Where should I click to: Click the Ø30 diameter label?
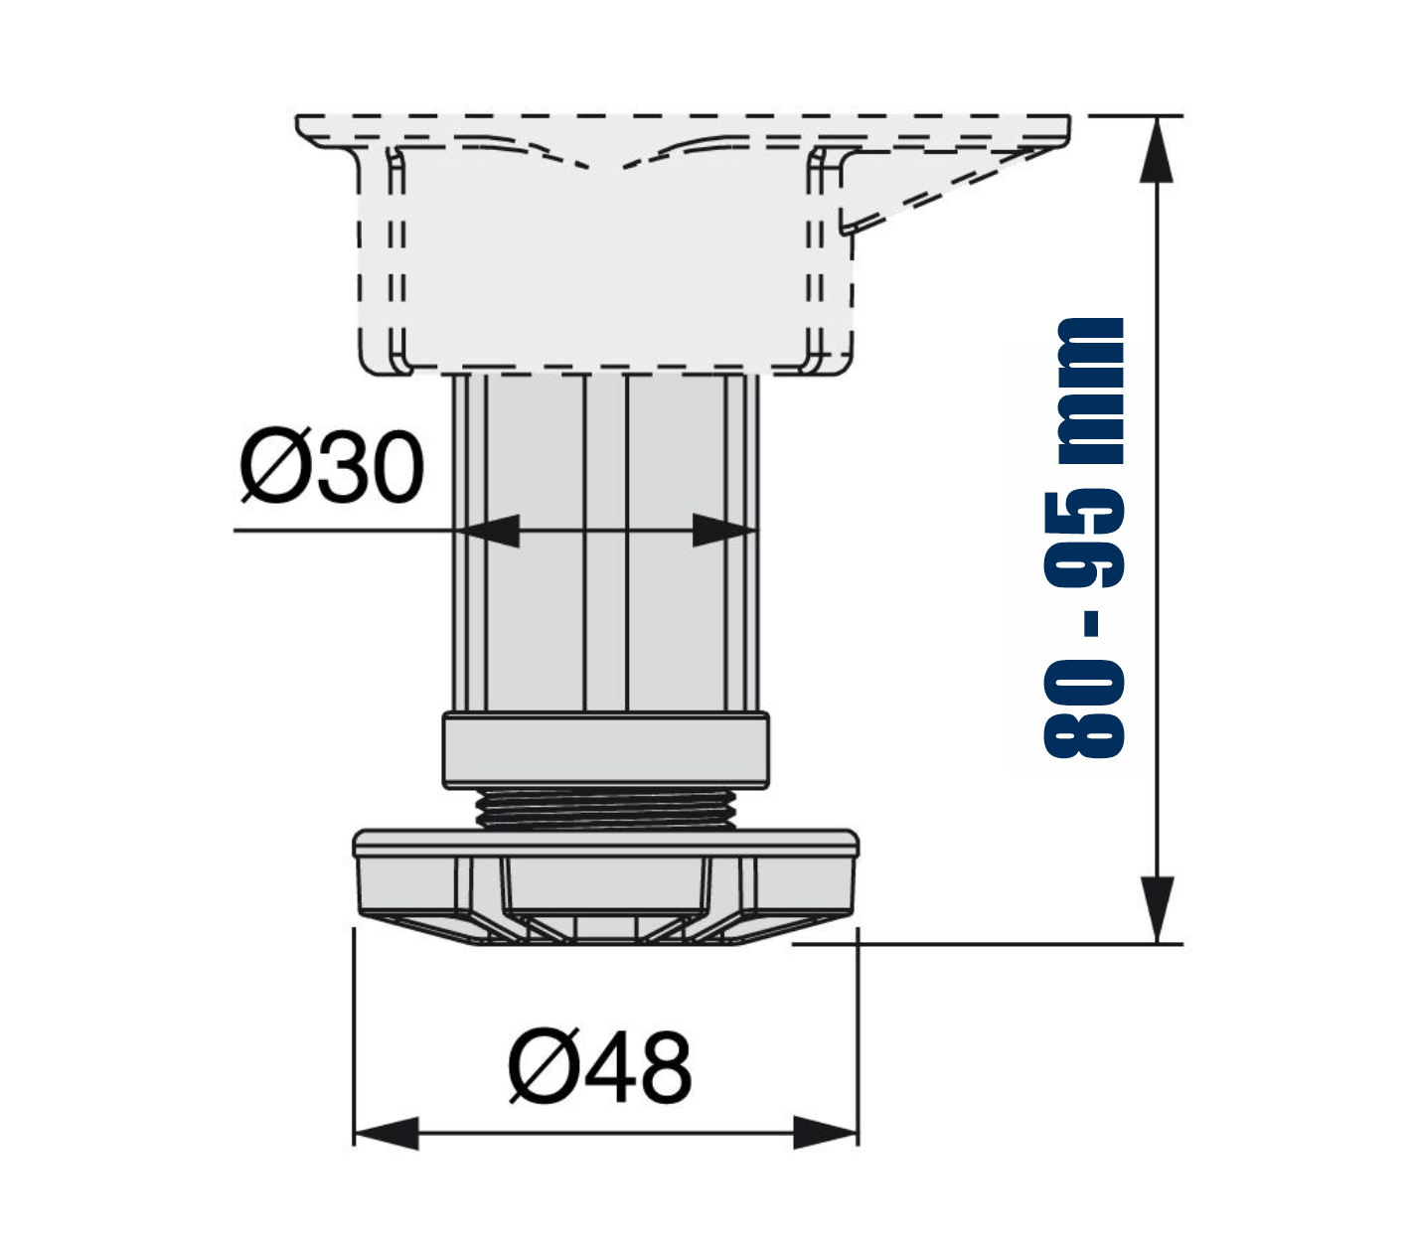tap(331, 465)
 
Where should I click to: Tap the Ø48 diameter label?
tap(599, 1068)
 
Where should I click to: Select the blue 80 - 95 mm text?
tap(1083, 539)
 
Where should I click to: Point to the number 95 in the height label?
tap(1083, 541)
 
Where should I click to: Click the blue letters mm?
tap(1091, 391)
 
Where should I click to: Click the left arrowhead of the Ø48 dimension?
tap(387, 1134)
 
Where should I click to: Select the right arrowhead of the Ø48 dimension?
tap(826, 1134)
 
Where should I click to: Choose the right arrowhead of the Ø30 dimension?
tap(724, 532)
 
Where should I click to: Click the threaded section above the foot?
tap(605, 810)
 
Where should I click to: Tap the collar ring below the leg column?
tap(606, 750)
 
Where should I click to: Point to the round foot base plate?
tap(606, 887)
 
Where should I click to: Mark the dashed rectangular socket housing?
tap(606, 259)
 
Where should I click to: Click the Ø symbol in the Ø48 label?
tap(545, 1068)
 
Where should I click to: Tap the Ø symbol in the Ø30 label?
tap(275, 465)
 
